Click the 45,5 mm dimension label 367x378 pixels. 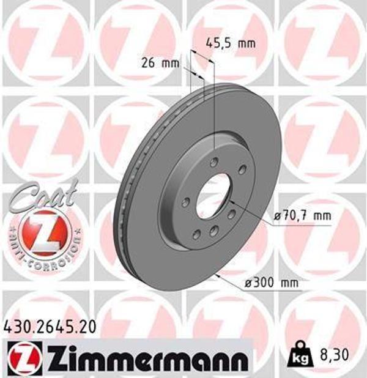(229, 43)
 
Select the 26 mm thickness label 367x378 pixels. (160, 62)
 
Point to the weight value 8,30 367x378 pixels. (330, 354)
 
